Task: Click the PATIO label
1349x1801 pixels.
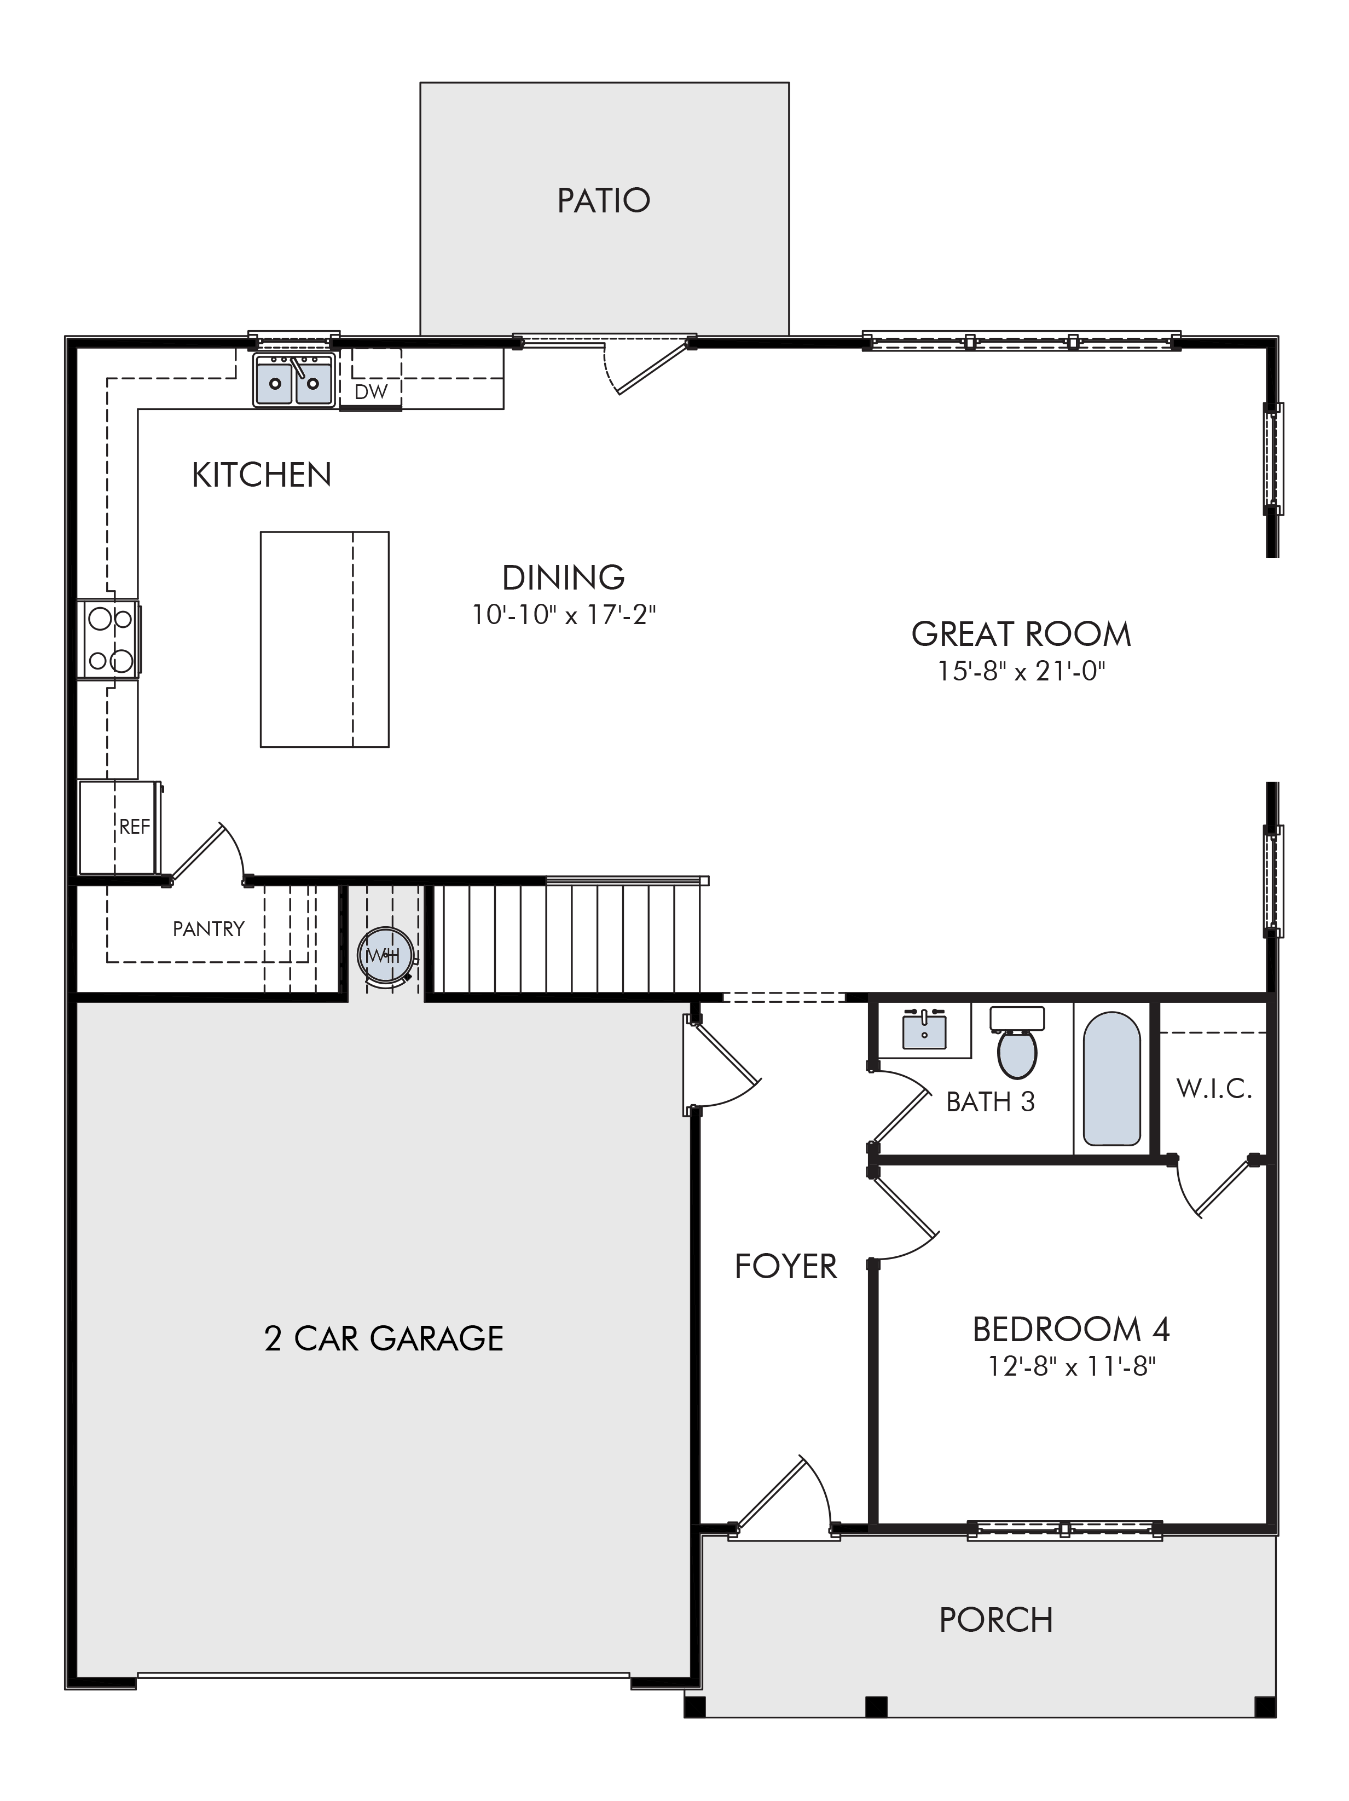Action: [x=603, y=200]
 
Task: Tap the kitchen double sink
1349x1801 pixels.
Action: [x=293, y=379]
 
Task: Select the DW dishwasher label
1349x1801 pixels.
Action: [x=371, y=391]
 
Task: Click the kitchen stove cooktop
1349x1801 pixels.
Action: [x=109, y=639]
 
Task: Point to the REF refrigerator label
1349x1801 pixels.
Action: [x=134, y=827]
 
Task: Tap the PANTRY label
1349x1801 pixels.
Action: [x=209, y=928]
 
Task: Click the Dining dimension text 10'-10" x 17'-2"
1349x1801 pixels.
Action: [x=564, y=615]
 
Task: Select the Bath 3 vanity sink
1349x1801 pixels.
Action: [x=924, y=1030]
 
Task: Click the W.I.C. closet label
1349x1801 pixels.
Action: [x=1214, y=1089]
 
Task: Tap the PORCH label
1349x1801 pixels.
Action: [x=995, y=1620]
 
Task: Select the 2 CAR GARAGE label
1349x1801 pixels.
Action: [x=384, y=1338]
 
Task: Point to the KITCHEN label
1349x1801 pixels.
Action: [x=262, y=475]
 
